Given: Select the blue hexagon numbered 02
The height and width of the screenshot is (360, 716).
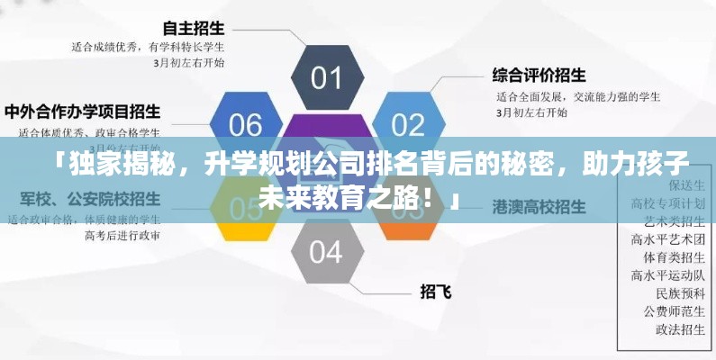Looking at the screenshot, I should click(x=407, y=123).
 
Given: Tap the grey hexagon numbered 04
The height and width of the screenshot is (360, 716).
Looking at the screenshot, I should click(x=326, y=251).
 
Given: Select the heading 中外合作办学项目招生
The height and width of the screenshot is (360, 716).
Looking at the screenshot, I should click(x=83, y=112).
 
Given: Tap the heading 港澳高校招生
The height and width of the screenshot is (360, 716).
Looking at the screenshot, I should click(x=539, y=206).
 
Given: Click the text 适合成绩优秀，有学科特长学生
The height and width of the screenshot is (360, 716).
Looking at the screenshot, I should click(x=149, y=45).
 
